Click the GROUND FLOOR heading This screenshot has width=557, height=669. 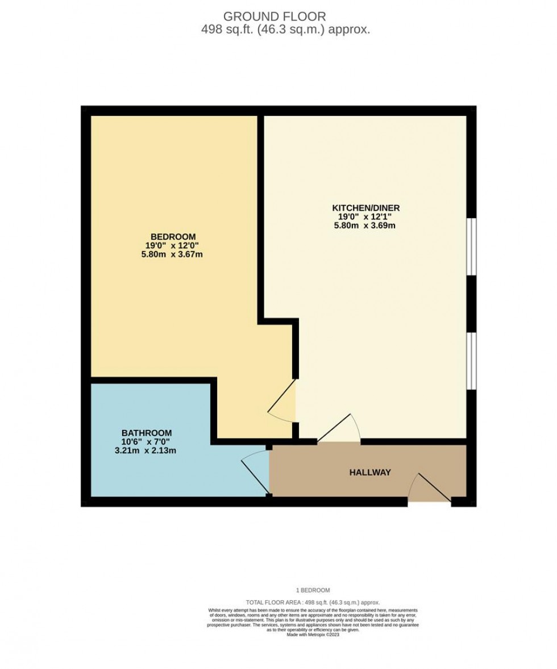(x=275, y=16)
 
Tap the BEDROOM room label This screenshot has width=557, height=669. (x=173, y=236)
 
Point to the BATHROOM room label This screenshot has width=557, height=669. (x=146, y=433)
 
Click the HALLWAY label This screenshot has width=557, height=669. (x=370, y=472)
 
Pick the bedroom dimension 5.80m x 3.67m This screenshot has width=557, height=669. (x=173, y=254)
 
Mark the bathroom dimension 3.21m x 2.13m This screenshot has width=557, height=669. (x=146, y=451)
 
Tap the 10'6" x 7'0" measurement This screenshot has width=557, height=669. (x=146, y=442)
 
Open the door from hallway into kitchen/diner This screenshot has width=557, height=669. (x=339, y=429)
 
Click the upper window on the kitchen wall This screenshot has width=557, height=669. (x=471, y=247)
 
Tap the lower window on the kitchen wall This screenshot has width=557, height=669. (x=471, y=361)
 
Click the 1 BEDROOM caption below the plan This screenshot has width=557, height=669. (x=313, y=591)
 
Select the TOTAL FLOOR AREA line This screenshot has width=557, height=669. (x=313, y=603)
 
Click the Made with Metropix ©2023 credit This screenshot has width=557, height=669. (x=313, y=634)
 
